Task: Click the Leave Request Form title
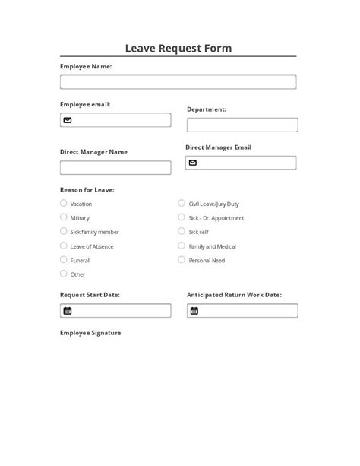click(x=179, y=49)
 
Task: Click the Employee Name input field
click(x=178, y=82)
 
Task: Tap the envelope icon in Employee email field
click(x=68, y=120)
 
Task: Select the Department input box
click(x=242, y=125)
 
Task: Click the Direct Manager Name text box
click(x=115, y=167)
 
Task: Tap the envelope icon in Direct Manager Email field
click(x=193, y=163)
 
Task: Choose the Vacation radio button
click(x=63, y=204)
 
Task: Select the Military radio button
click(x=63, y=217)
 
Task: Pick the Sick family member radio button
click(x=63, y=232)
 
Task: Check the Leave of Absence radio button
click(x=63, y=246)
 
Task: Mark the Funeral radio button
click(x=63, y=260)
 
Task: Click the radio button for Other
click(x=63, y=274)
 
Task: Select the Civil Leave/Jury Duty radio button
click(x=182, y=204)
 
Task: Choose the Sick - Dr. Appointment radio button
click(x=182, y=217)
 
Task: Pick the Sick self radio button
click(x=182, y=231)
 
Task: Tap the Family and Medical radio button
click(x=182, y=246)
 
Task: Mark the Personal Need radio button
click(x=182, y=259)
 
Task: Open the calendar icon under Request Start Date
click(x=68, y=310)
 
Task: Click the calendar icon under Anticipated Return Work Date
click(x=194, y=310)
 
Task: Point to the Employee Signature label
click(x=90, y=333)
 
